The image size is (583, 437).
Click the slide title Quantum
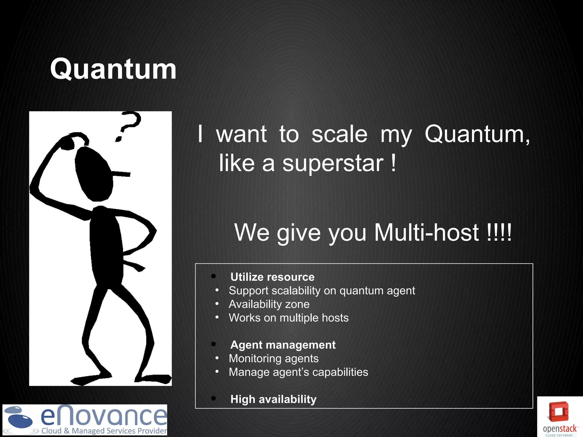[113, 69]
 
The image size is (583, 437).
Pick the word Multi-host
[426, 232]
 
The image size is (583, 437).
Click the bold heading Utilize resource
[272, 277]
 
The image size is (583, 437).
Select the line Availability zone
[269, 304]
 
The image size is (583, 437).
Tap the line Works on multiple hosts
[289, 318]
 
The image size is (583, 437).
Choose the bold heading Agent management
[283, 345]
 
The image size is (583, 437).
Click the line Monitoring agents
[274, 358]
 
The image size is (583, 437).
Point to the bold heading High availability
[273, 399]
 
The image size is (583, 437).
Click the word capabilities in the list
[340, 372]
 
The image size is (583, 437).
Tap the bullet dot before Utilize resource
[214, 276]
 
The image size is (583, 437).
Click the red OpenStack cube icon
[559, 411]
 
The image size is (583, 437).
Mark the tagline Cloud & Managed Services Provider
[104, 431]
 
